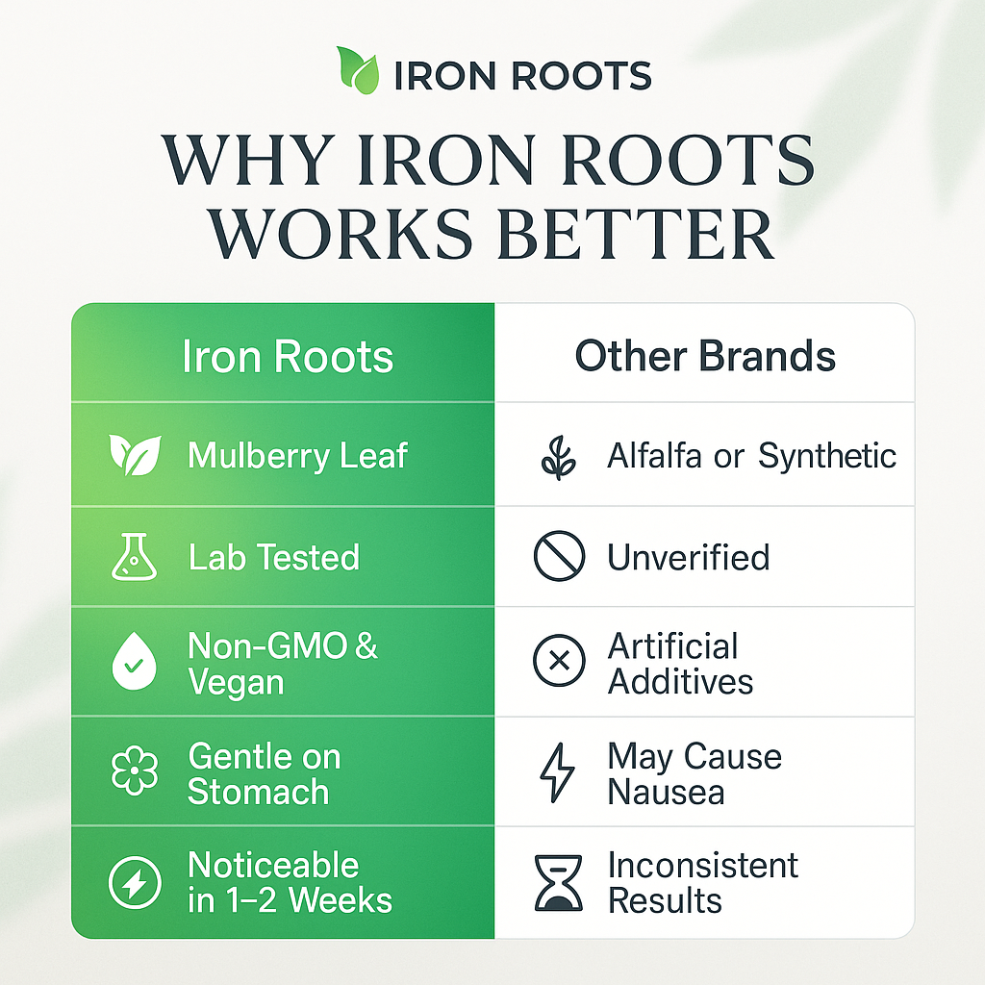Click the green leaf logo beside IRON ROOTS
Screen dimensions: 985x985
click(x=359, y=71)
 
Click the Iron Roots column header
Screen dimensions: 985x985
click(x=288, y=357)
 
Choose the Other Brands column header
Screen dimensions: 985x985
click(x=705, y=357)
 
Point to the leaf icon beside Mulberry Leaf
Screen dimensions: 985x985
click(x=135, y=455)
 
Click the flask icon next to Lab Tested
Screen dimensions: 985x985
click(x=134, y=558)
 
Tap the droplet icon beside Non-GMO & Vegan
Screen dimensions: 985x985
click(x=134, y=664)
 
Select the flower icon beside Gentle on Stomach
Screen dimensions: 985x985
click(x=134, y=774)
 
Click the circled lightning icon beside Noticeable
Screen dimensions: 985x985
click(x=134, y=883)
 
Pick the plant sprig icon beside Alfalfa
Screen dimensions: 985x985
click(x=559, y=456)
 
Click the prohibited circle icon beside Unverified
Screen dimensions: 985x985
click(x=559, y=558)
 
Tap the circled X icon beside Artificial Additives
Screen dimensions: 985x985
click(x=559, y=663)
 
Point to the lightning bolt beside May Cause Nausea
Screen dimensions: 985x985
click(x=559, y=772)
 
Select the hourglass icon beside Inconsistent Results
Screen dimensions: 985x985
click(x=559, y=882)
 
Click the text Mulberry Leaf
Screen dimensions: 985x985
click(x=298, y=456)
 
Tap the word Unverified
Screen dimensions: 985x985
click(x=688, y=558)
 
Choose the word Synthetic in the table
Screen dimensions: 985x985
click(x=827, y=456)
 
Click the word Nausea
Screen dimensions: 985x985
click(x=666, y=793)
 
